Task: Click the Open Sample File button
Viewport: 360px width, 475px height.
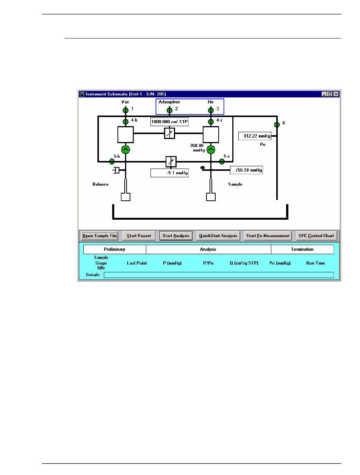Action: [x=100, y=236]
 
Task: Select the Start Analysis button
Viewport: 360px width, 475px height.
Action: [x=176, y=236]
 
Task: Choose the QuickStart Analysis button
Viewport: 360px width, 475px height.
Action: [x=219, y=236]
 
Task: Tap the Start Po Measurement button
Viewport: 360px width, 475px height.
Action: [x=268, y=236]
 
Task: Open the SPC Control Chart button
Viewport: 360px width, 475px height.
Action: [x=316, y=236]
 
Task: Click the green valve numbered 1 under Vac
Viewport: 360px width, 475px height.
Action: [x=126, y=110]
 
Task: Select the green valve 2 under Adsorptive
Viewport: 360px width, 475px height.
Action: [x=169, y=110]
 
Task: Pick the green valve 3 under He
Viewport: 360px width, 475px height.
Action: [x=211, y=110]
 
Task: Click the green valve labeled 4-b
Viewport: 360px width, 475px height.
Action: [x=126, y=122]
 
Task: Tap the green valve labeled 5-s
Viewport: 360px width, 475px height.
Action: [x=222, y=162]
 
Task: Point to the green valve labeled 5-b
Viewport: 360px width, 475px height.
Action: [x=112, y=162]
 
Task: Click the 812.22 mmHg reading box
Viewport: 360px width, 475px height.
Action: [x=255, y=136]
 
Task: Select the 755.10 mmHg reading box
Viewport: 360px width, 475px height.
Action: [x=246, y=170]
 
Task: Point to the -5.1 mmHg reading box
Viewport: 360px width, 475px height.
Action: [x=169, y=173]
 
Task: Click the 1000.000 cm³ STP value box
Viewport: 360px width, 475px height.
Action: [x=169, y=122]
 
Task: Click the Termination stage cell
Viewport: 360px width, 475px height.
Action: [x=302, y=249]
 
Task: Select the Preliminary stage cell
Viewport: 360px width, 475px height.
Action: [x=114, y=249]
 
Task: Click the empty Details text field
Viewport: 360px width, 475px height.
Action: [x=219, y=275]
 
